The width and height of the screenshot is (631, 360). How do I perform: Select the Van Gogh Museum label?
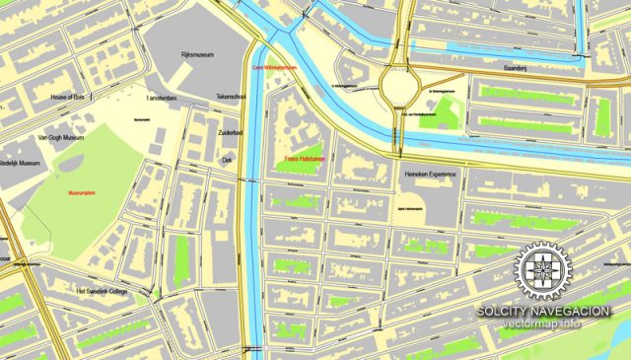click(x=61, y=139)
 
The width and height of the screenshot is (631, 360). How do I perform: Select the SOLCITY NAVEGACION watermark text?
click(x=542, y=311)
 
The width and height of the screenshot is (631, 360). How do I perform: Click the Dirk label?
click(x=226, y=158)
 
